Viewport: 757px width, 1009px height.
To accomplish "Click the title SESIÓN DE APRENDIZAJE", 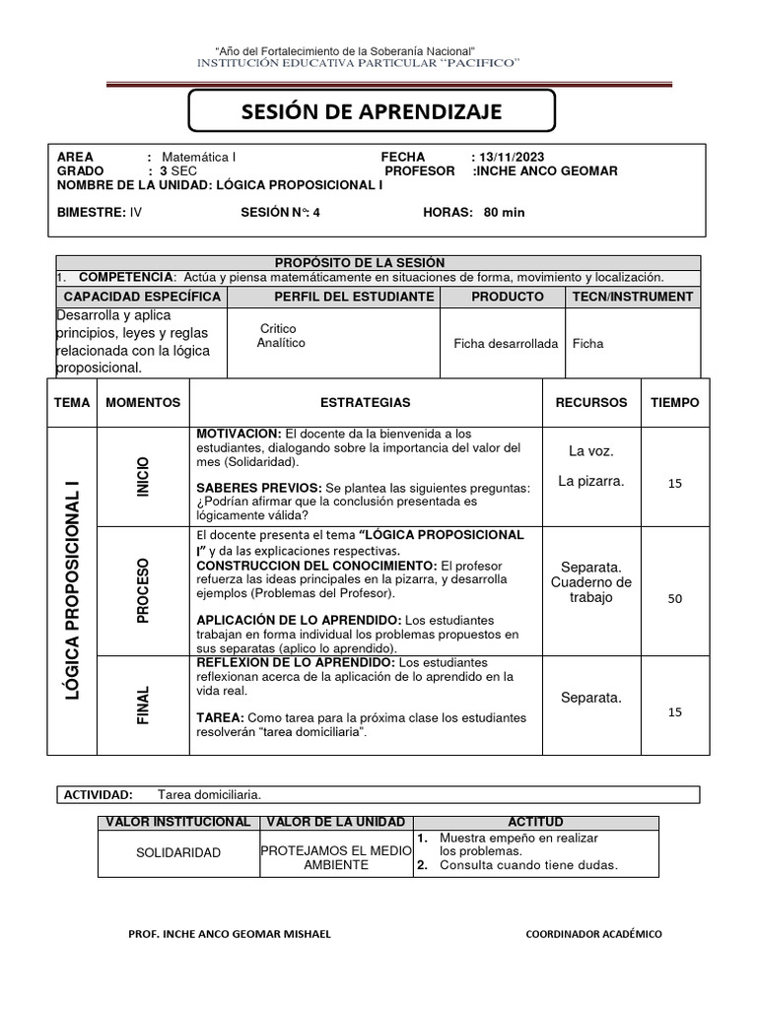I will pyautogui.click(x=372, y=111).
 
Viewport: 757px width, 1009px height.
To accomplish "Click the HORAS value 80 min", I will pyautogui.click(x=504, y=212).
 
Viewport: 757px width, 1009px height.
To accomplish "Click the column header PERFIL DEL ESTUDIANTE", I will pyautogui.click(x=354, y=296).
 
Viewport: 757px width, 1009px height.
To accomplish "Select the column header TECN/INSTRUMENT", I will pyautogui.click(x=633, y=296).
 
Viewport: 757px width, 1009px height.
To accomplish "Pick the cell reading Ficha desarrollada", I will pyautogui.click(x=506, y=344).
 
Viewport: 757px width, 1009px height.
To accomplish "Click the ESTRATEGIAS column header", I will pyautogui.click(x=366, y=402).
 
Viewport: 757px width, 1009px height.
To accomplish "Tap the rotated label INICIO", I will pyautogui.click(x=144, y=476).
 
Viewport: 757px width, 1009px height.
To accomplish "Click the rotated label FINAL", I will pyautogui.click(x=144, y=705).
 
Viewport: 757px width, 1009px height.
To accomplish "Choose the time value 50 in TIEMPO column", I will pyautogui.click(x=675, y=598).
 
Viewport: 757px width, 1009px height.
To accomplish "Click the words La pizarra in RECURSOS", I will pyautogui.click(x=590, y=481).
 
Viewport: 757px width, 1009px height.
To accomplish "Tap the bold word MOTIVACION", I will pyautogui.click(x=239, y=434).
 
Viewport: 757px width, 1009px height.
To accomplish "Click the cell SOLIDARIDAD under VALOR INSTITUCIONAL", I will pyautogui.click(x=178, y=852).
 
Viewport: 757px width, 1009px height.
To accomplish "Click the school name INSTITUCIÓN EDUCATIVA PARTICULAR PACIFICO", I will pyautogui.click(x=359, y=63).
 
